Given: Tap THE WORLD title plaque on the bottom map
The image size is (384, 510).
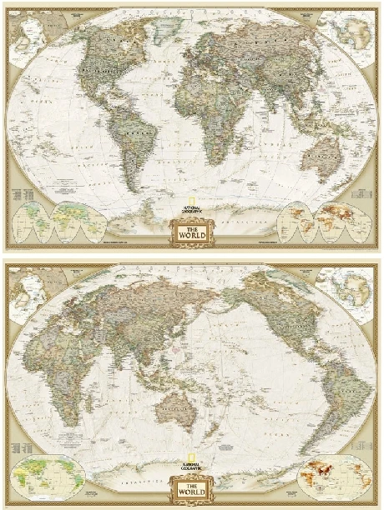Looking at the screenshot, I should tap(191, 487).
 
